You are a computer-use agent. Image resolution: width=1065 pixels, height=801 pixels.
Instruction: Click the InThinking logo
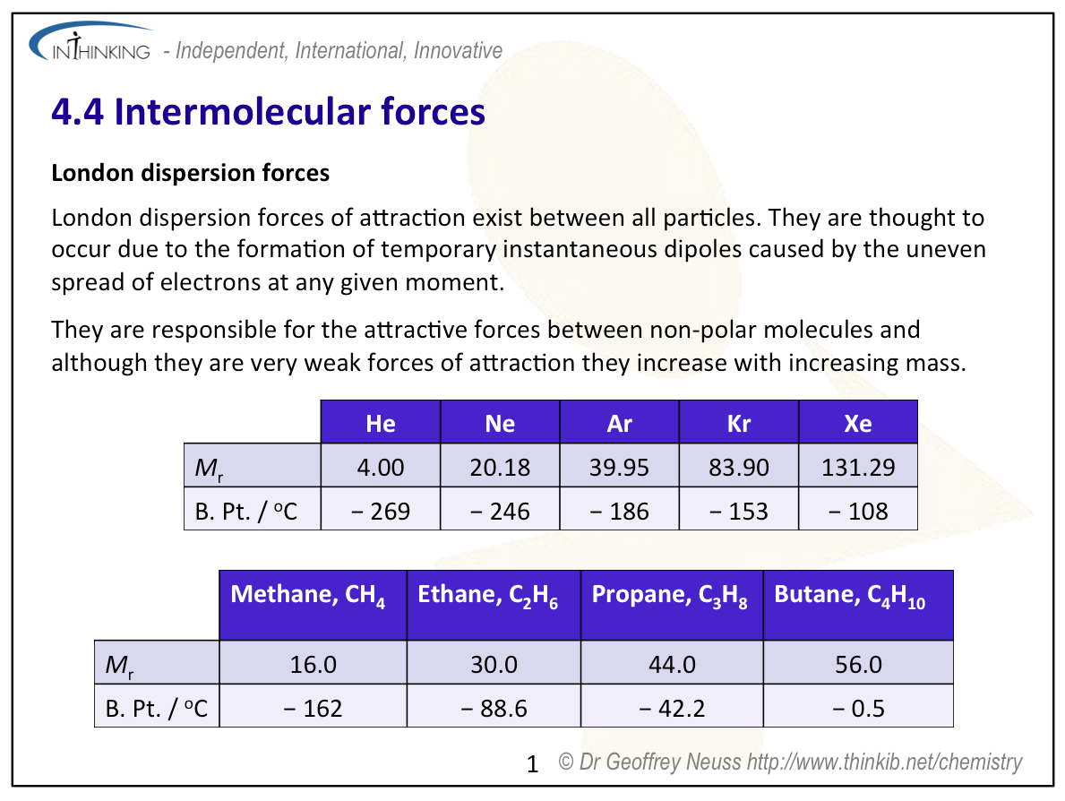point(90,42)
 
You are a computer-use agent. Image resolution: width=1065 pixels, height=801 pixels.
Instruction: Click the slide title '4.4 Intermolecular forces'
point(269,111)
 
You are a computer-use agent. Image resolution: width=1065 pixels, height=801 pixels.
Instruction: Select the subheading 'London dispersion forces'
point(190,173)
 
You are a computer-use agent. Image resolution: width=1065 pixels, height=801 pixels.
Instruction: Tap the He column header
point(381,423)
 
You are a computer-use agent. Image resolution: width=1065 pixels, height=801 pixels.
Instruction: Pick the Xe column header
point(858,423)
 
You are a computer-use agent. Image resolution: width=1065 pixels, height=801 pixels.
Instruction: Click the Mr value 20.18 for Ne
point(500,467)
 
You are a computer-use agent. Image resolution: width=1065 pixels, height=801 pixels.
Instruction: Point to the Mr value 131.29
point(858,467)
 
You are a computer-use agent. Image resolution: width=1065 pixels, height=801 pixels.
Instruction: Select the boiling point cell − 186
point(619,511)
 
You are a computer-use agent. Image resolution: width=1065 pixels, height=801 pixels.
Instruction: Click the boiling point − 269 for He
point(381,511)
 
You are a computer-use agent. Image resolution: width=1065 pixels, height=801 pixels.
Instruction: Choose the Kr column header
point(738,423)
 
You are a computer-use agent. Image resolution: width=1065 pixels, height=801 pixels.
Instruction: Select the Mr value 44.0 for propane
point(672,664)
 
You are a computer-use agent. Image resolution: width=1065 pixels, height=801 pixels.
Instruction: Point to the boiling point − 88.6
point(494,708)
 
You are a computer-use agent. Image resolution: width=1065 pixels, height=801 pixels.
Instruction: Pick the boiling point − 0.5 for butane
point(858,708)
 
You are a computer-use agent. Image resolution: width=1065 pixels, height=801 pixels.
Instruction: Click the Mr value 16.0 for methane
point(313,664)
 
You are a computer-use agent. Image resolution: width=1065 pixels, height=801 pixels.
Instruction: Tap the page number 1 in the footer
point(532,764)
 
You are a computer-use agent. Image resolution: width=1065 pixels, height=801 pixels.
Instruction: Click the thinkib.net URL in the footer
point(884,762)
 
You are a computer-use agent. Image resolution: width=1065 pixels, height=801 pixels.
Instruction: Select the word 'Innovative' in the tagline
point(458,50)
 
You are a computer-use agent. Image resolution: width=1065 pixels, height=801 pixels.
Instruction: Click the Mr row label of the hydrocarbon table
point(119,665)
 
